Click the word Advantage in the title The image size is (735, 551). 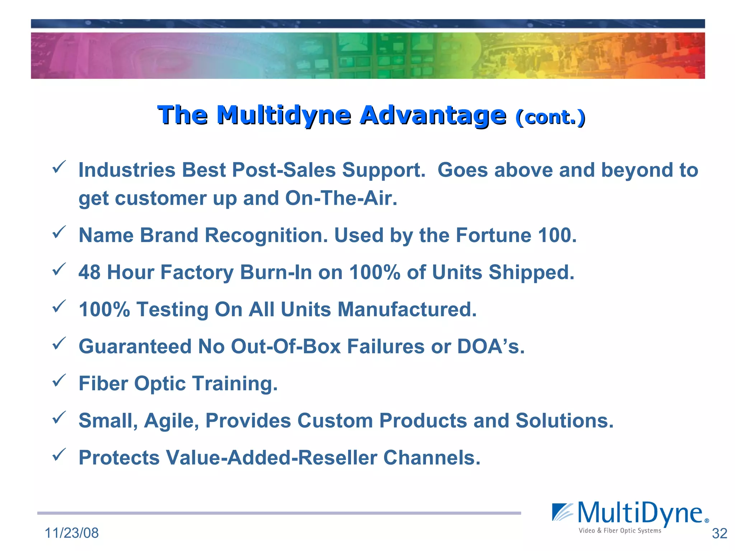433,116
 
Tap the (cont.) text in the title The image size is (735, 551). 550,117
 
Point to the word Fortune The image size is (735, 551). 493,236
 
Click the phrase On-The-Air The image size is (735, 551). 341,198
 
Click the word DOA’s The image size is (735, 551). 491,347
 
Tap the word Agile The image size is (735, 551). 171,421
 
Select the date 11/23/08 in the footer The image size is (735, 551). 71,533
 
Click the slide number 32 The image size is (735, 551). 719,533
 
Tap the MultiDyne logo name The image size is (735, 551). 640,513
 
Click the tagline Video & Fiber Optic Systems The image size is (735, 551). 619,531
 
